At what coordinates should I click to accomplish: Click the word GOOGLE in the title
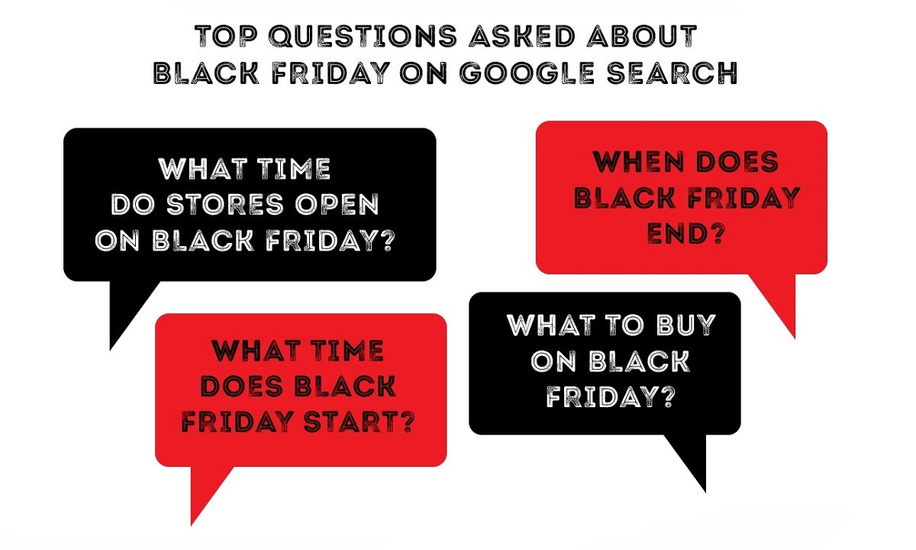click(x=526, y=73)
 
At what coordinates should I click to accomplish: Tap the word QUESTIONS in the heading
click(x=363, y=36)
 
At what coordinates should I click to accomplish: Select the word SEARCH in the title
click(x=672, y=73)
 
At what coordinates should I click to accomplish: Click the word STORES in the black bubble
click(x=225, y=204)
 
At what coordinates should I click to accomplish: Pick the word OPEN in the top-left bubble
click(x=337, y=204)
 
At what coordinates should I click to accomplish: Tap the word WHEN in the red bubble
click(x=638, y=161)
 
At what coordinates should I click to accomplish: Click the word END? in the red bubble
click(x=685, y=234)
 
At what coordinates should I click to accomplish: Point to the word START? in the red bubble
click(x=359, y=422)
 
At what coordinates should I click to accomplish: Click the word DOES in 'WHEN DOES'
click(x=737, y=161)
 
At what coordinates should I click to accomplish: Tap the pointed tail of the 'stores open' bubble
click(x=111, y=350)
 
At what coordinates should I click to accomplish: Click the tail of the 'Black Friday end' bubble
click(x=795, y=338)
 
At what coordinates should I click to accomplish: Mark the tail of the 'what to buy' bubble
click(x=705, y=491)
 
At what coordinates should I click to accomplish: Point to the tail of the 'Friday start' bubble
click(x=192, y=525)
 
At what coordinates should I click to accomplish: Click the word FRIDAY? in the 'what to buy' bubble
click(x=610, y=396)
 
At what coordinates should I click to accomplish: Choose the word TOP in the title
click(x=226, y=36)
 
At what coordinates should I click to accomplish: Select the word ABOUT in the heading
click(x=642, y=36)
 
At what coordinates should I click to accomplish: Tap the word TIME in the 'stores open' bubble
click(x=294, y=169)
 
